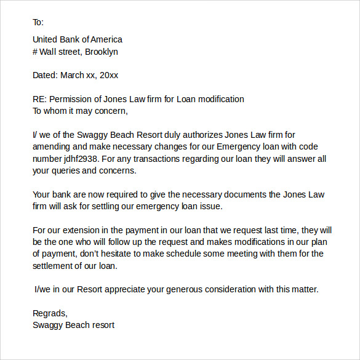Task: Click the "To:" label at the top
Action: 38,23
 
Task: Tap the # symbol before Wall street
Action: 35,52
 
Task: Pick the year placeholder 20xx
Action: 109,75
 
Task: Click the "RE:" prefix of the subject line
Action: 39,99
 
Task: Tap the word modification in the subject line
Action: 219,99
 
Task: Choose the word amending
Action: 51,146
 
